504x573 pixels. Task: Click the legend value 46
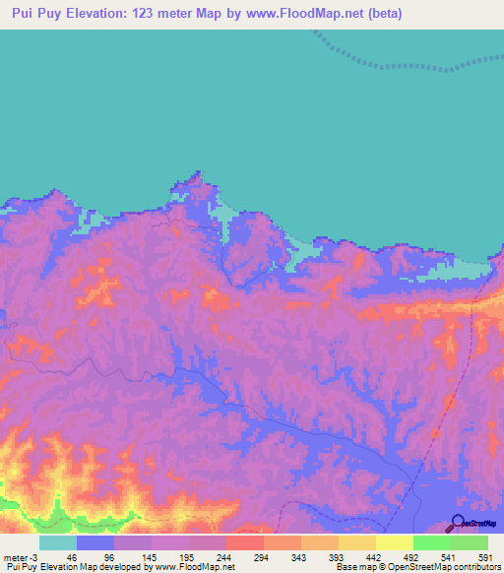71,556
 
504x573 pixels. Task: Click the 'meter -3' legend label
21,556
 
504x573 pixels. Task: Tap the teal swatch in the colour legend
58,542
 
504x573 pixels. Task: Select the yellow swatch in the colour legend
395,542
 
